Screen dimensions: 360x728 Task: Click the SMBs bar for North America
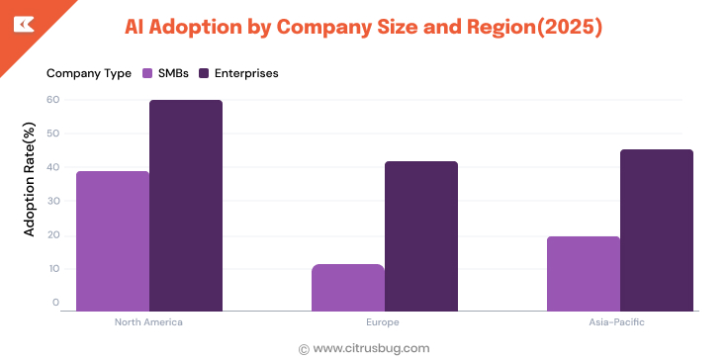113,240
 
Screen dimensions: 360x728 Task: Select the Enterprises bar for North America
186,206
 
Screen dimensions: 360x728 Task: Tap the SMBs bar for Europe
348,287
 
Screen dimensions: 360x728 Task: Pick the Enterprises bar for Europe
421,236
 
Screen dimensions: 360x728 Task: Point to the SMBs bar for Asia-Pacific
584,273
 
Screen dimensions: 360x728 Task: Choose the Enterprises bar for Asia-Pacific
657,230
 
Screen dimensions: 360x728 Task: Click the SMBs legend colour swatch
147,73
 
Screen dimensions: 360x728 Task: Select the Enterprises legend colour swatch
204,73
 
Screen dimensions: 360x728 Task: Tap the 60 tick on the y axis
53,99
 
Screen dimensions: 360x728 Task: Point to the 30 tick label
53,201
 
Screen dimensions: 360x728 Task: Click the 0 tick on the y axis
56,303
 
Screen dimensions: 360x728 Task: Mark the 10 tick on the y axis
53,268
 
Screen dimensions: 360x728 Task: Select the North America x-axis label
148,322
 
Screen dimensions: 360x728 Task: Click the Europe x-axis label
385,322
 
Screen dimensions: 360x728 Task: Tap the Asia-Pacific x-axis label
619,322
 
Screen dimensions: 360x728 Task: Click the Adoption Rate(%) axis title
30,180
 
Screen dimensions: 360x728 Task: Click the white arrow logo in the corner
23,24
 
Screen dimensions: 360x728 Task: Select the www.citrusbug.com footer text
371,348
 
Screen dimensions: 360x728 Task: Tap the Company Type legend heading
89,73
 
